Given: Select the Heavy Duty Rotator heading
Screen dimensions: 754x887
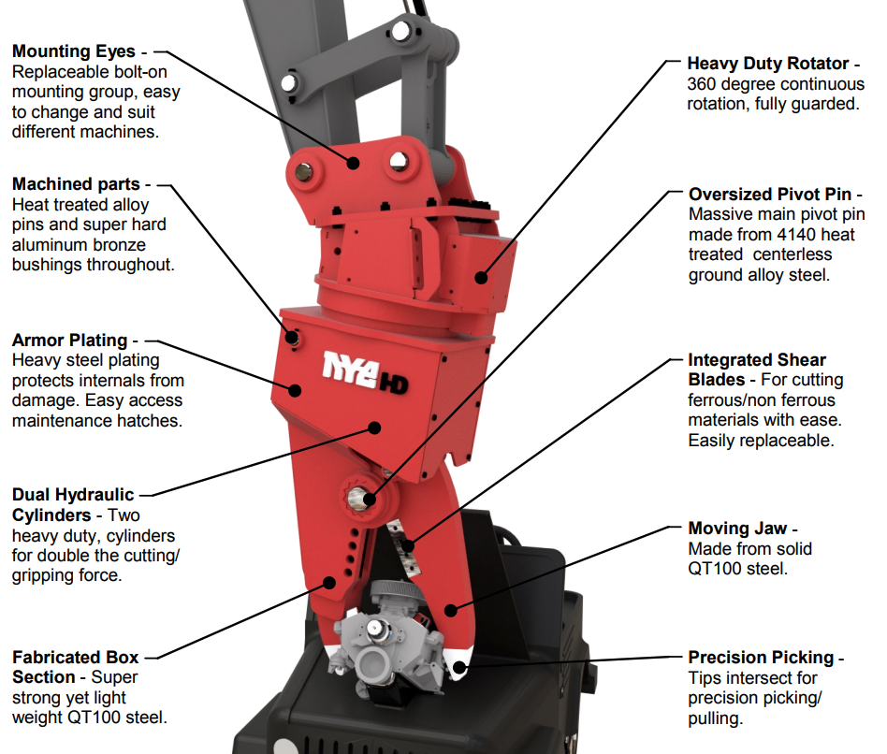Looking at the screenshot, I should (766, 64).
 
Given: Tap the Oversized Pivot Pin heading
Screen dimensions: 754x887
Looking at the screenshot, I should (769, 194).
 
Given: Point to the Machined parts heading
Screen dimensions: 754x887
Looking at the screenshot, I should (76, 184).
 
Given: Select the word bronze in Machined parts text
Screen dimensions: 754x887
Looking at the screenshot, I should (122, 245).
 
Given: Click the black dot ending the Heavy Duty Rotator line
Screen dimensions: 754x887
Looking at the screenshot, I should (481, 277).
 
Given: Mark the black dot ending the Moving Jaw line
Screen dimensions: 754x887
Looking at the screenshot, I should (451, 611).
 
